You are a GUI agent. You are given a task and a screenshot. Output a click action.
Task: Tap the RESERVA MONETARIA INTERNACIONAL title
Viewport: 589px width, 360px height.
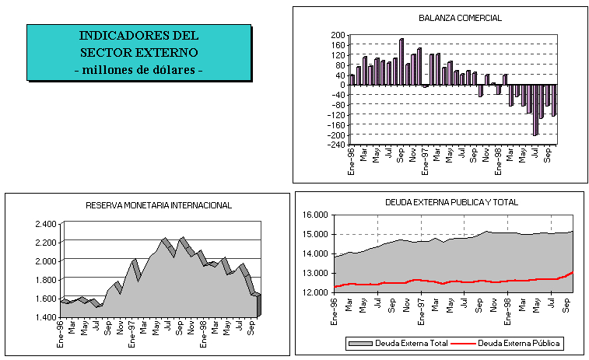[x=159, y=205]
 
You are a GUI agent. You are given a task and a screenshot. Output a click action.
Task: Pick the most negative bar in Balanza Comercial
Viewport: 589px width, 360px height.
[x=535, y=110]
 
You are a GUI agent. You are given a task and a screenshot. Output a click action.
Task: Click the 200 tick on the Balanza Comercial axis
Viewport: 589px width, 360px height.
[x=337, y=35]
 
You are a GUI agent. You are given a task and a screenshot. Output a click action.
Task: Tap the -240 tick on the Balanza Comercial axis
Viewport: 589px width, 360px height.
[x=335, y=145]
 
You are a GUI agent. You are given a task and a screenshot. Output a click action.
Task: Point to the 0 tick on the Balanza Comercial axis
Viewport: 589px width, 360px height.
[x=341, y=85]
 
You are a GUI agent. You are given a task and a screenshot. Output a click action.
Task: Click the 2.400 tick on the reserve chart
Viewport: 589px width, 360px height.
[x=46, y=224]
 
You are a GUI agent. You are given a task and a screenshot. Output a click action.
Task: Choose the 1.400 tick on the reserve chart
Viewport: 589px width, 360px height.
[x=46, y=317]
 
